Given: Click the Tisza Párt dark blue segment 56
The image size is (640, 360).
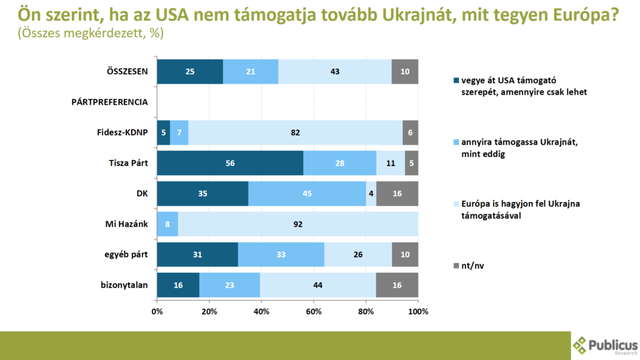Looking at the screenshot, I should [x=230, y=162].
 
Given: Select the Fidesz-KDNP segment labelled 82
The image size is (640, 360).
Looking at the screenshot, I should [x=296, y=132].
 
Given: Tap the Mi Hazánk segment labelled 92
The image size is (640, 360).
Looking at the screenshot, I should [x=298, y=224].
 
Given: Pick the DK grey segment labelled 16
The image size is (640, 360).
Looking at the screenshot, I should [x=397, y=193].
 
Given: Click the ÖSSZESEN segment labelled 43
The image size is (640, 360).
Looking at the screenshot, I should [x=335, y=71].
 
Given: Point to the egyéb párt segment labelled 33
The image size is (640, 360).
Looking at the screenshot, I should [x=281, y=254].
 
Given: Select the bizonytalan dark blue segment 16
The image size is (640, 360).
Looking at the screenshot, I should [x=178, y=285].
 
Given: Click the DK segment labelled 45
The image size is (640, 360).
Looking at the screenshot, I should [x=307, y=193].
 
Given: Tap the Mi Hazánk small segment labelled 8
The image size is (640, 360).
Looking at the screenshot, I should [x=167, y=224].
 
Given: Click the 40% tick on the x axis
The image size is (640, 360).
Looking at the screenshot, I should [x=261, y=311].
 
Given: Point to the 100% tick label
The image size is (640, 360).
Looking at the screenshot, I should [x=417, y=311].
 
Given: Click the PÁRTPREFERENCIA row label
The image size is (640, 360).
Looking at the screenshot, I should [x=110, y=102].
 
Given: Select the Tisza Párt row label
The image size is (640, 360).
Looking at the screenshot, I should [x=127, y=163].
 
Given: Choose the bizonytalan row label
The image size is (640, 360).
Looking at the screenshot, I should [x=124, y=285].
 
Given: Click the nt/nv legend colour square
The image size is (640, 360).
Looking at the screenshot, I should [x=456, y=266].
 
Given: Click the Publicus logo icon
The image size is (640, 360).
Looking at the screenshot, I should [x=581, y=345].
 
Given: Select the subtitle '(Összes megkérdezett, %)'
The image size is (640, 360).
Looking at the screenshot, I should [x=91, y=34].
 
